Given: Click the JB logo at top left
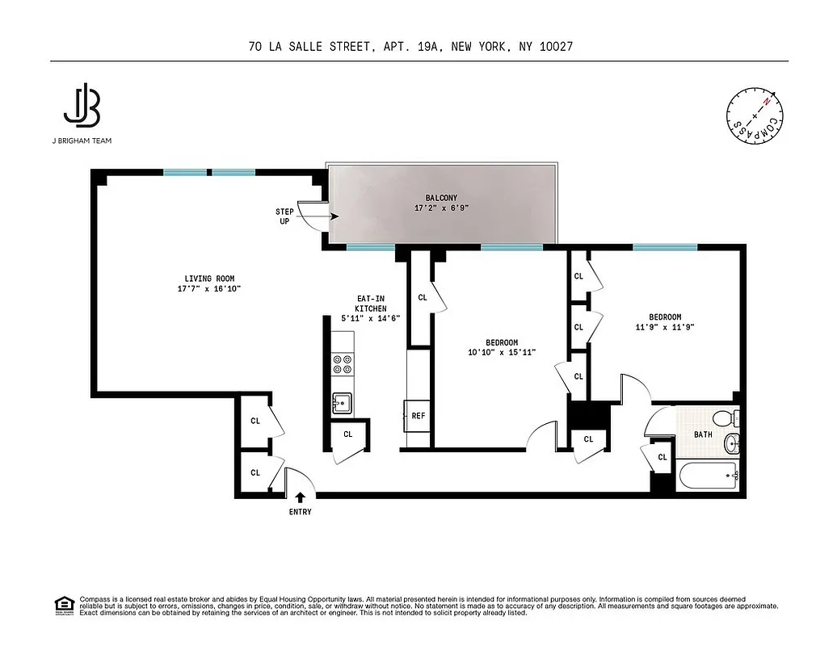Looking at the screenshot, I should [81, 106].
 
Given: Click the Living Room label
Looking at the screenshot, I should [209, 283].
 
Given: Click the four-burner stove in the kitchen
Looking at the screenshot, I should [343, 365].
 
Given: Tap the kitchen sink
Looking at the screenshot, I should [342, 402].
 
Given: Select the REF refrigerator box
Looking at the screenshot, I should [418, 416].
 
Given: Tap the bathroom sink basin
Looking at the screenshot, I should [732, 443].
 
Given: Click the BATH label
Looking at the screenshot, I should [704, 434].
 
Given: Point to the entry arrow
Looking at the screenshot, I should [300, 497].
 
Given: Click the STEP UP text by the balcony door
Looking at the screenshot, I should [284, 216].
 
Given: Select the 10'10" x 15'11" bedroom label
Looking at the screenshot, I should [502, 347].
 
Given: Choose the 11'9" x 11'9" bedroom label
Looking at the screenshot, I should [665, 322].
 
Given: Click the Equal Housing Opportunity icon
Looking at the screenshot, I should [64, 605].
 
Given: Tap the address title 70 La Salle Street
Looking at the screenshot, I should [412, 48].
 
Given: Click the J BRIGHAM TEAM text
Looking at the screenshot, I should [81, 141].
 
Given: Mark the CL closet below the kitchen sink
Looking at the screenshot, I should [347, 434].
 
